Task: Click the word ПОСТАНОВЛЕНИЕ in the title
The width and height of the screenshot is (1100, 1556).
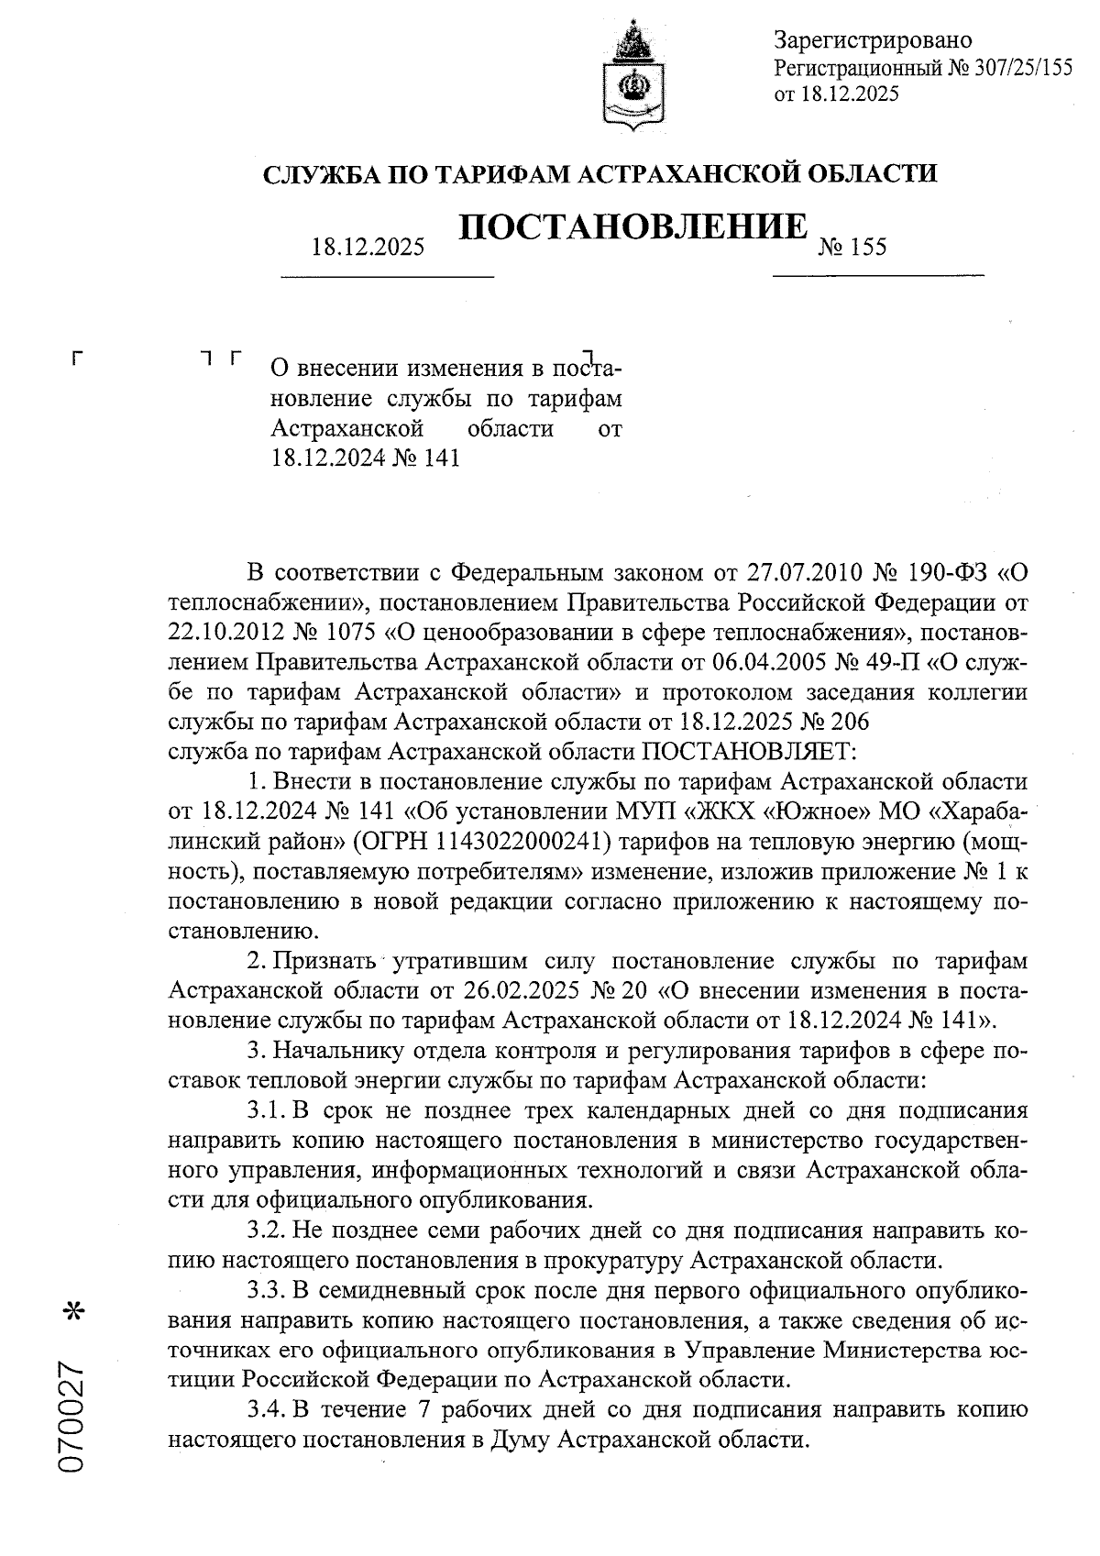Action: pos(632,228)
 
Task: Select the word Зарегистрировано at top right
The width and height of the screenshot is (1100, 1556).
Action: pos(873,40)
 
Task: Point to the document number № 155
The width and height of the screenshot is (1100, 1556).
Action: pos(852,247)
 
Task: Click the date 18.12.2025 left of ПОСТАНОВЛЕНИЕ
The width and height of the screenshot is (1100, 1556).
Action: pos(368,247)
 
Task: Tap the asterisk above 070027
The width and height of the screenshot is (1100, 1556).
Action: pos(72,1313)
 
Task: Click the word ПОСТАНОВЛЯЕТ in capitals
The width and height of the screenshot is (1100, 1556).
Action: pos(746,752)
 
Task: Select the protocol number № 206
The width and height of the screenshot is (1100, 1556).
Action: pos(829,723)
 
